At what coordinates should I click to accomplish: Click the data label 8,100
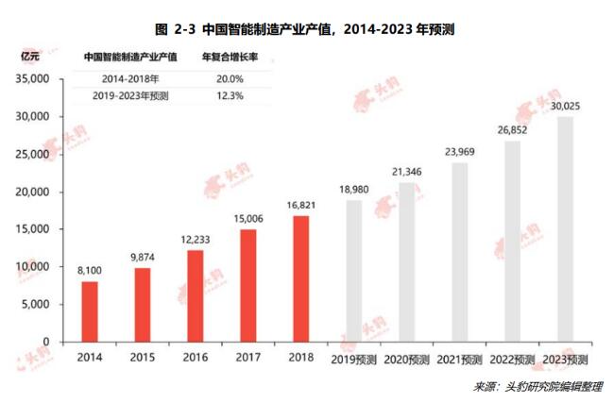tap(89, 270)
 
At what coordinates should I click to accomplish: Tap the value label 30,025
tap(565, 106)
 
